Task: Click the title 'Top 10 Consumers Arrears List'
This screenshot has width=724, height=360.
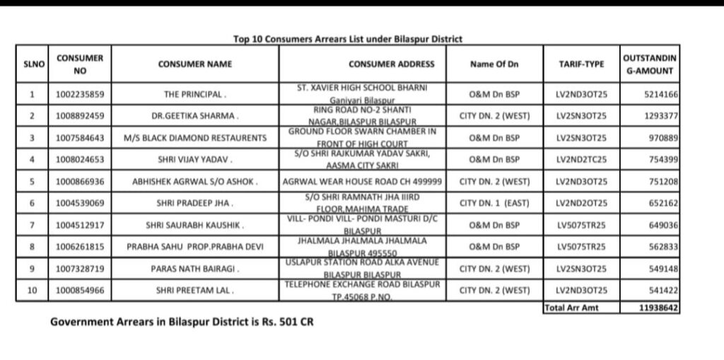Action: coord(348,40)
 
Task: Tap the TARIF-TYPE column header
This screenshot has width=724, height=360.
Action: coord(581,64)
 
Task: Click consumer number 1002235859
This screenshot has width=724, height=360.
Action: coord(80,94)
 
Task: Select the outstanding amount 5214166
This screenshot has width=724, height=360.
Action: coord(661,94)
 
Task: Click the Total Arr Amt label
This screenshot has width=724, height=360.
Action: coord(570,308)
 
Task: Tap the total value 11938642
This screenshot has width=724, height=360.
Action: coord(658,308)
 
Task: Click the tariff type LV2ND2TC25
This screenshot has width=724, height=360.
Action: coord(581,160)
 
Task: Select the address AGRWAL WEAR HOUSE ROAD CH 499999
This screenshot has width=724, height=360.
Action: coord(363,182)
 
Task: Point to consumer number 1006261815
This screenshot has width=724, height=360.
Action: coord(80,247)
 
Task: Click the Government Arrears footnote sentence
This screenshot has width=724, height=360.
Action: coord(182,322)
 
